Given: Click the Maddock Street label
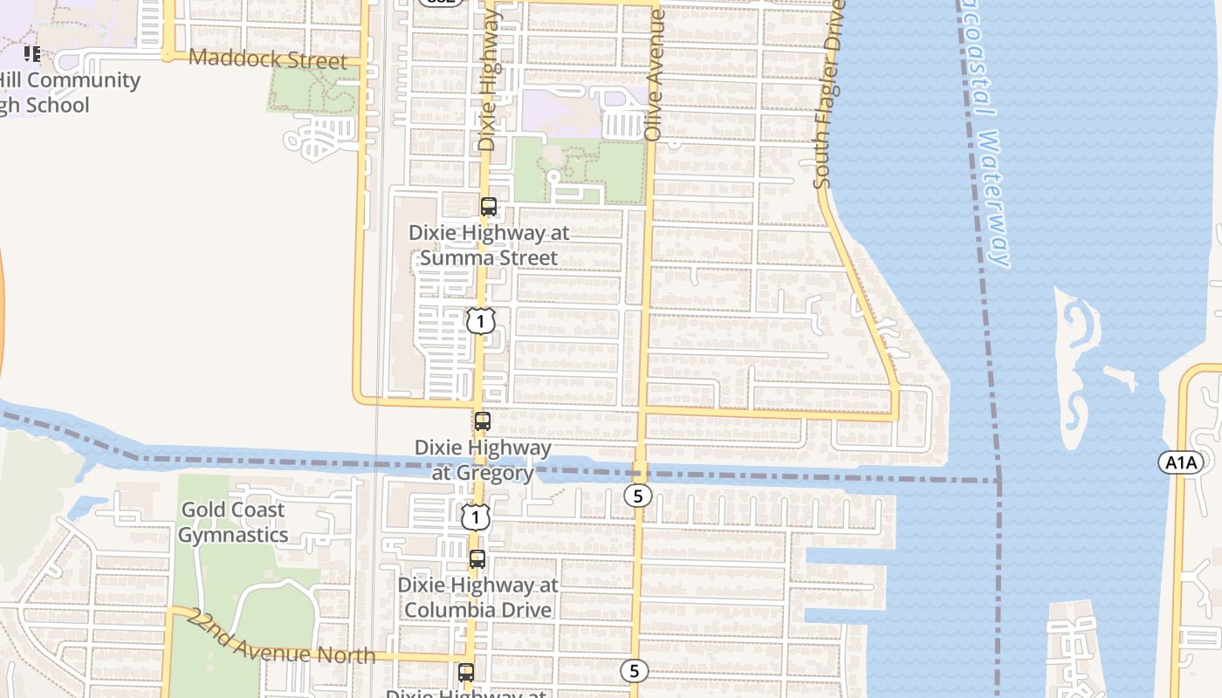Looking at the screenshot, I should [267, 59].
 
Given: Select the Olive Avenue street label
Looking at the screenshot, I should [655, 74].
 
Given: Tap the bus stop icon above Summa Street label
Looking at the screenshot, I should [489, 207].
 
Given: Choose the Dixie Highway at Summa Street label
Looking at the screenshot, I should [489, 245].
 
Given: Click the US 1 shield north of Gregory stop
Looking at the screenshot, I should [480, 320].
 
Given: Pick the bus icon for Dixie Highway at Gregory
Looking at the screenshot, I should [482, 421].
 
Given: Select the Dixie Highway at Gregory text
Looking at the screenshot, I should [483, 460].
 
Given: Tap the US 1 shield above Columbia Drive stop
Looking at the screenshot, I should [475, 517].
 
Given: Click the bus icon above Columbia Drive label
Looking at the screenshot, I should [477, 559].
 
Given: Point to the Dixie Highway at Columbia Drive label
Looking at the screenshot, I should [478, 597].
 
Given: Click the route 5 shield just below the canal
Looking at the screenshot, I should [638, 496].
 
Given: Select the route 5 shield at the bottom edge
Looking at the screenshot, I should [635, 671].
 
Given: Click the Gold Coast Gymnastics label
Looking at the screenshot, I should [233, 522].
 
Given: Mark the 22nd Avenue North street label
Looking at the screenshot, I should [281, 637].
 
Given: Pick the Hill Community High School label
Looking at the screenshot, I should [61, 92].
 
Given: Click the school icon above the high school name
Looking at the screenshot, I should [32, 54].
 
